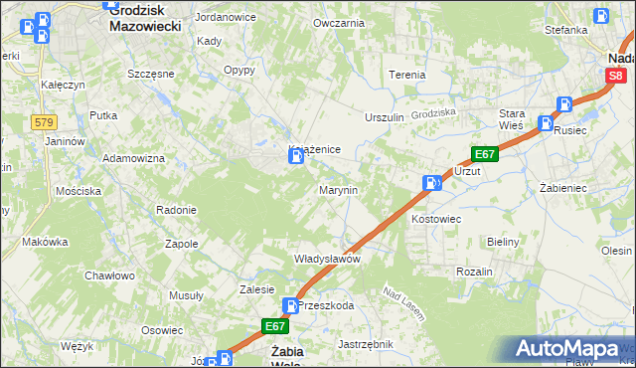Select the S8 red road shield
[x=617, y=76]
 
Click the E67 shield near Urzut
[x=484, y=154]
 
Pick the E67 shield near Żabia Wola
[x=275, y=325]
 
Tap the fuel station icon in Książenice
[x=295, y=157]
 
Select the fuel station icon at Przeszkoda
[x=291, y=306]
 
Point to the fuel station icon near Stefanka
[x=600, y=16]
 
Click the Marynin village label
[x=337, y=189]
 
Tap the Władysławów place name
[x=326, y=258]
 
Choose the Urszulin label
[x=385, y=117]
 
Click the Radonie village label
[x=176, y=210]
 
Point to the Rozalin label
[x=474, y=272]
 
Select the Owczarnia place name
[x=338, y=22]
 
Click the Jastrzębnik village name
[x=366, y=344]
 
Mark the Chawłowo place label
[x=109, y=276]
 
